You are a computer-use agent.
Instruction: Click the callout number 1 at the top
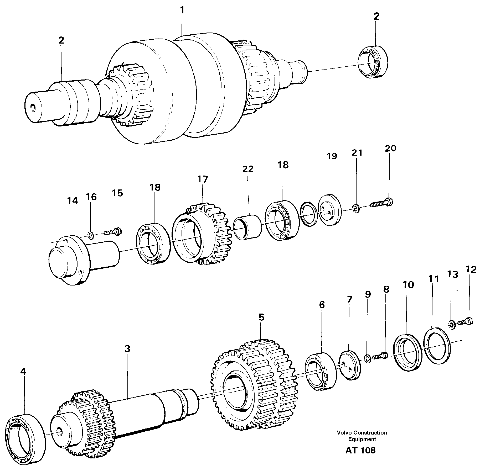(x=182, y=10)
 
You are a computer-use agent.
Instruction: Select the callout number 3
(x=127, y=349)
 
